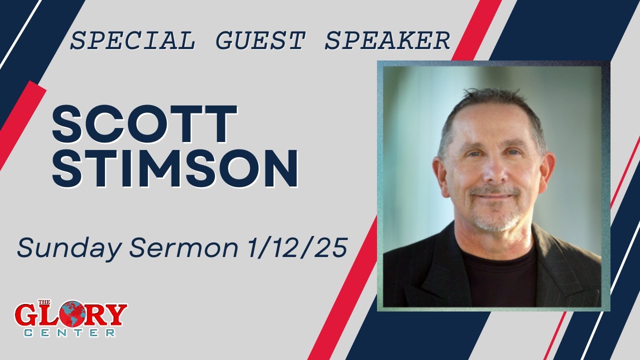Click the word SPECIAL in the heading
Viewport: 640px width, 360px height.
click(x=132, y=41)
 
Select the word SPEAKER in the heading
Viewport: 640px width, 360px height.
click(x=387, y=41)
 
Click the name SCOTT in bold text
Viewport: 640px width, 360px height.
click(x=144, y=125)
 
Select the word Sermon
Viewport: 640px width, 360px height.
click(x=179, y=248)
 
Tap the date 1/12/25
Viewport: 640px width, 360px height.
click(x=294, y=248)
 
